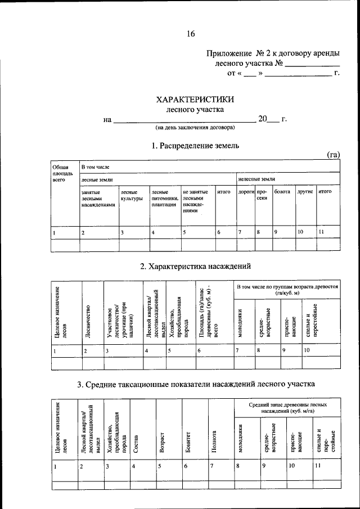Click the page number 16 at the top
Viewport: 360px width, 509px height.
(x=191, y=34)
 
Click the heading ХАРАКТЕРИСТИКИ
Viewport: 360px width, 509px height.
(x=195, y=100)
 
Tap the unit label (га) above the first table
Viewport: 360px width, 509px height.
(x=334, y=155)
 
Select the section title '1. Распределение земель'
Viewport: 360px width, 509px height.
(x=195, y=145)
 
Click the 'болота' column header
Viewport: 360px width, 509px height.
(x=282, y=192)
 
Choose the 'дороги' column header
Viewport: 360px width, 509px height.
(x=246, y=192)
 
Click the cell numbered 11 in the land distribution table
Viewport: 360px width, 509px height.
(x=321, y=231)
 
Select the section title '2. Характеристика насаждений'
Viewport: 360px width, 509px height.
(x=195, y=266)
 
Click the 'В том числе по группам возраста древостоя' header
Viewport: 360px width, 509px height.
(x=287, y=290)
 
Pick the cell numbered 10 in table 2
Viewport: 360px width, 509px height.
(x=307, y=350)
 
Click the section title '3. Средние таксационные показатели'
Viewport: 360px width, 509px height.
(x=195, y=384)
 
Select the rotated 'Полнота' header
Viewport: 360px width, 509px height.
(x=214, y=441)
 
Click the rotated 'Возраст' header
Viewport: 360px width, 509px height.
(x=163, y=442)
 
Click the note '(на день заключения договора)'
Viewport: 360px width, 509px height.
(x=195, y=129)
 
